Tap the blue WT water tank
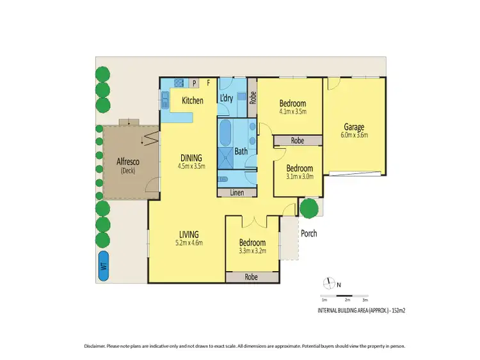[x=103, y=264]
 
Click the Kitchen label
[x=193, y=100]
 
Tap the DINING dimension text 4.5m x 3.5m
[x=191, y=166]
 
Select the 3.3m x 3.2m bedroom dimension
[x=252, y=251]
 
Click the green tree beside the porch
[x=308, y=208]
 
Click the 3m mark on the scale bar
[x=365, y=300]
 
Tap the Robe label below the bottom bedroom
[x=252, y=277]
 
